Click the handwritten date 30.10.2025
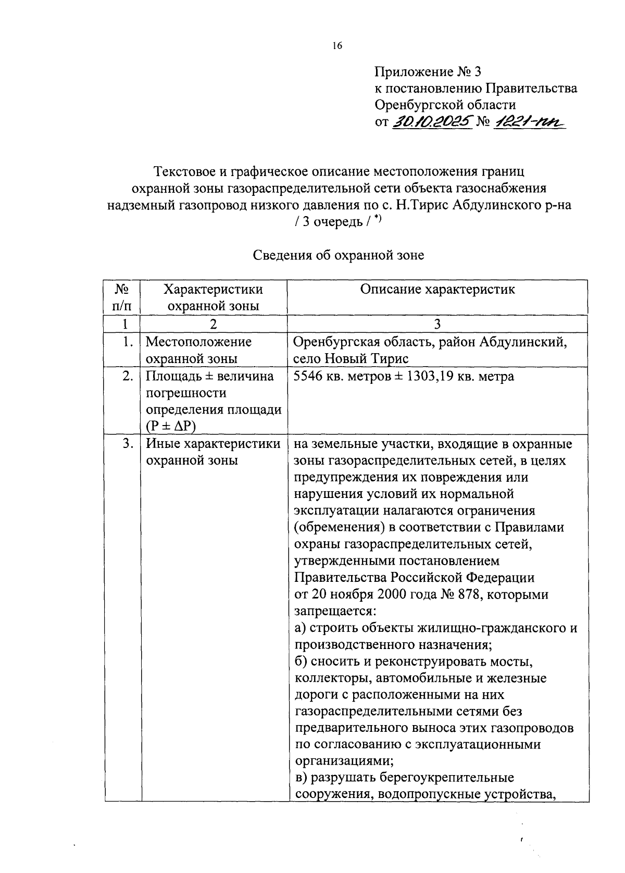point(431,122)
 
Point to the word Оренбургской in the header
point(421,105)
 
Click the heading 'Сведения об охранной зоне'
point(339,255)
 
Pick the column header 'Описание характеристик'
point(437,290)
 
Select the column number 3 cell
point(438,324)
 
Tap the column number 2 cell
point(213,324)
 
